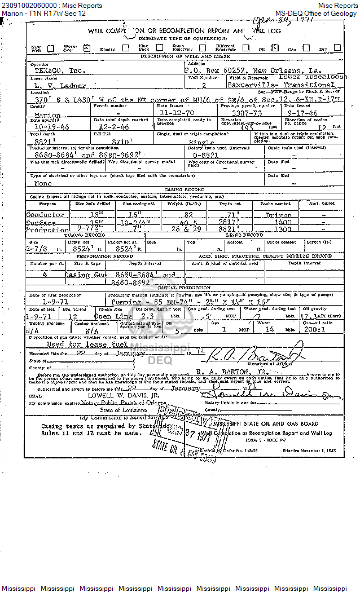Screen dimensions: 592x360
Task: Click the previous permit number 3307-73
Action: [241, 112]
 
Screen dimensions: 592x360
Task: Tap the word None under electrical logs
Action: [43, 183]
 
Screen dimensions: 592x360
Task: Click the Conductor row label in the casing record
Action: [45, 215]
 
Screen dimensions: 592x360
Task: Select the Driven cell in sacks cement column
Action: [278, 215]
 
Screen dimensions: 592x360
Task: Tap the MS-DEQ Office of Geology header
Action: [316, 13]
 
